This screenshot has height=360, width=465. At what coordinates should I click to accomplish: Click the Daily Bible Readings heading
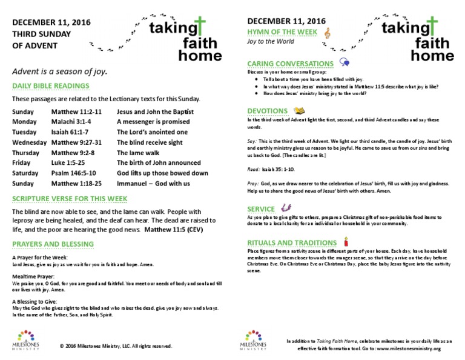tap(51, 86)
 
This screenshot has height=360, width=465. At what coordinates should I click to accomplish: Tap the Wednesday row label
tap(29, 142)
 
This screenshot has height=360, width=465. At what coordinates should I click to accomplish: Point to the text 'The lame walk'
tap(137, 153)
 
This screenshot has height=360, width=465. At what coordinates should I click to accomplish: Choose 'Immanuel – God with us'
tap(153, 184)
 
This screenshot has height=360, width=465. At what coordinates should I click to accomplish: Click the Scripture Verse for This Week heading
tap(70, 199)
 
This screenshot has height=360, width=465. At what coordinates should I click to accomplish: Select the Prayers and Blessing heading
tap(53, 244)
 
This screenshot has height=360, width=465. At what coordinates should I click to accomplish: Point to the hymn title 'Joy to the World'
tap(271, 42)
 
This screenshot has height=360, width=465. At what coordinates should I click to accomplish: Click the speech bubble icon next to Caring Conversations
tap(344, 62)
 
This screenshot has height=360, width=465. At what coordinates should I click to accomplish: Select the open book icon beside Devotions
tap(299, 111)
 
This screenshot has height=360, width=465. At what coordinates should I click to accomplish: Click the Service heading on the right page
tap(262, 208)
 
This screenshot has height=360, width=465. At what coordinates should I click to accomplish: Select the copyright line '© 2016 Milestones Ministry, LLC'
tap(116, 346)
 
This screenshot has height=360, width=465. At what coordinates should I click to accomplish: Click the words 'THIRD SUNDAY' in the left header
tap(42, 34)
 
